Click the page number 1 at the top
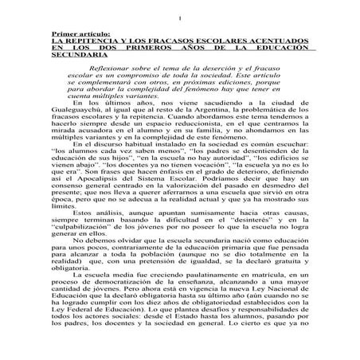pos(182,18)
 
